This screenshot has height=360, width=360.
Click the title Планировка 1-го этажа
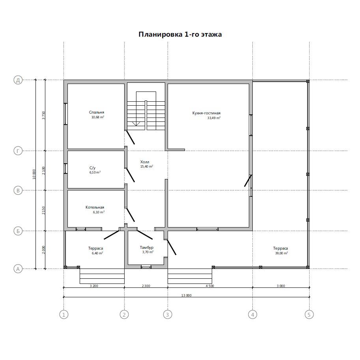point(180,34)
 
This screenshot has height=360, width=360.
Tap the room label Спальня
point(97,112)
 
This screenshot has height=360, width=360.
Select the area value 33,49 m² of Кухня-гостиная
point(214,118)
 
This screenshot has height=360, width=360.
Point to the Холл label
point(145,162)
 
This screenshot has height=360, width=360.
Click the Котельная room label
point(95,207)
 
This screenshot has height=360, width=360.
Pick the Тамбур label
point(146,248)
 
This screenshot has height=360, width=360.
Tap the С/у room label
point(92,168)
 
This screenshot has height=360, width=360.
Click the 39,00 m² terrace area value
point(282,253)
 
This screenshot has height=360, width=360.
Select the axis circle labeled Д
point(18,80)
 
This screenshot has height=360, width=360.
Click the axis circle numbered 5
point(309,314)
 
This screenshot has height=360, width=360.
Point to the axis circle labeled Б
point(18,231)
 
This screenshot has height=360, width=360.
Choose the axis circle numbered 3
point(167,314)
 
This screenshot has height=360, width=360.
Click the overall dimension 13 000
point(187,295)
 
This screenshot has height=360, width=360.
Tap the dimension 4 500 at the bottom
point(210,286)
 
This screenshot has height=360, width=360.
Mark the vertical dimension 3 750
point(43,116)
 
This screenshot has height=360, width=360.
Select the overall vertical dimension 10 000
point(34,174)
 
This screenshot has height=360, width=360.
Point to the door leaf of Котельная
point(130,215)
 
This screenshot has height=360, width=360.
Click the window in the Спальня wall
point(65,114)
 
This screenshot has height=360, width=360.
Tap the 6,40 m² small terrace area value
point(97,253)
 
